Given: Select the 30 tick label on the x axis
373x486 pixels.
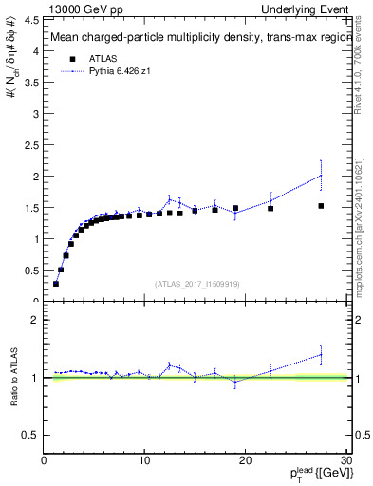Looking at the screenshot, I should tap(346, 460).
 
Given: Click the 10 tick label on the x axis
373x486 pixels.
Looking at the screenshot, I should tap(144, 460).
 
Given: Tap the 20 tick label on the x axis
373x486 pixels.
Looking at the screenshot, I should tap(245, 460).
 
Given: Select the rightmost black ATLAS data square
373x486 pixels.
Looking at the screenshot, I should tap(321, 206).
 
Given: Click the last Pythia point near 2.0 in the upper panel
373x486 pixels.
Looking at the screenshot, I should tap(321, 176).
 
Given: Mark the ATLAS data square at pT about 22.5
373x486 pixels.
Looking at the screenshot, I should tap(270, 208).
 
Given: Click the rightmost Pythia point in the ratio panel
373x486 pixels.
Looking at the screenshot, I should tap(321, 354).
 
